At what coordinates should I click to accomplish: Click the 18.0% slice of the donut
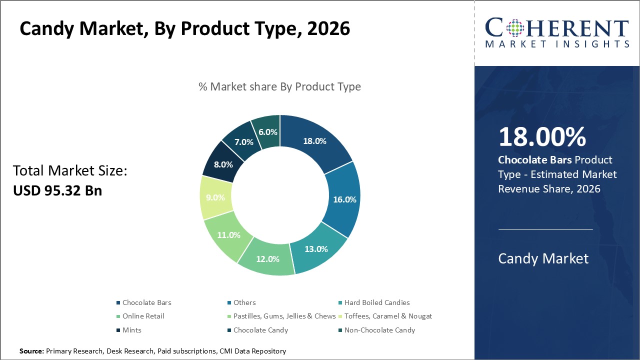(315, 141)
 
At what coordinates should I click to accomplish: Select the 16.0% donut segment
(344, 199)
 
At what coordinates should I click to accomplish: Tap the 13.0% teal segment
(315, 248)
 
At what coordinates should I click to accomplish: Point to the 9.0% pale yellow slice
(215, 197)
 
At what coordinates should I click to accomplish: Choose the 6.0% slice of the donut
(267, 131)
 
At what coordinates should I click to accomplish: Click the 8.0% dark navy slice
(223, 163)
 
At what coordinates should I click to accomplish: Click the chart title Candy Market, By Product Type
(184, 29)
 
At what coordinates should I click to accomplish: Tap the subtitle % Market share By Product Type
(279, 86)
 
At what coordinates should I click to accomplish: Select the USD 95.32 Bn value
(57, 190)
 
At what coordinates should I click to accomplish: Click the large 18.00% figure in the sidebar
(542, 137)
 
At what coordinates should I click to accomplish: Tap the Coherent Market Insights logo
(557, 32)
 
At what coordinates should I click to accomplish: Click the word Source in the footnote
(31, 351)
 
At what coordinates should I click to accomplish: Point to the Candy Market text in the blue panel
(543, 258)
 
